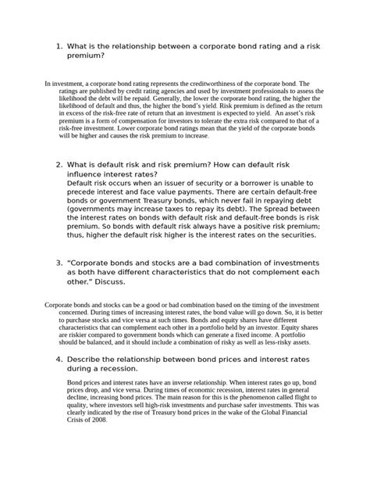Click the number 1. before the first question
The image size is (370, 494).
[x=60, y=47]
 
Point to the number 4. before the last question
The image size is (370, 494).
[x=60, y=358]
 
